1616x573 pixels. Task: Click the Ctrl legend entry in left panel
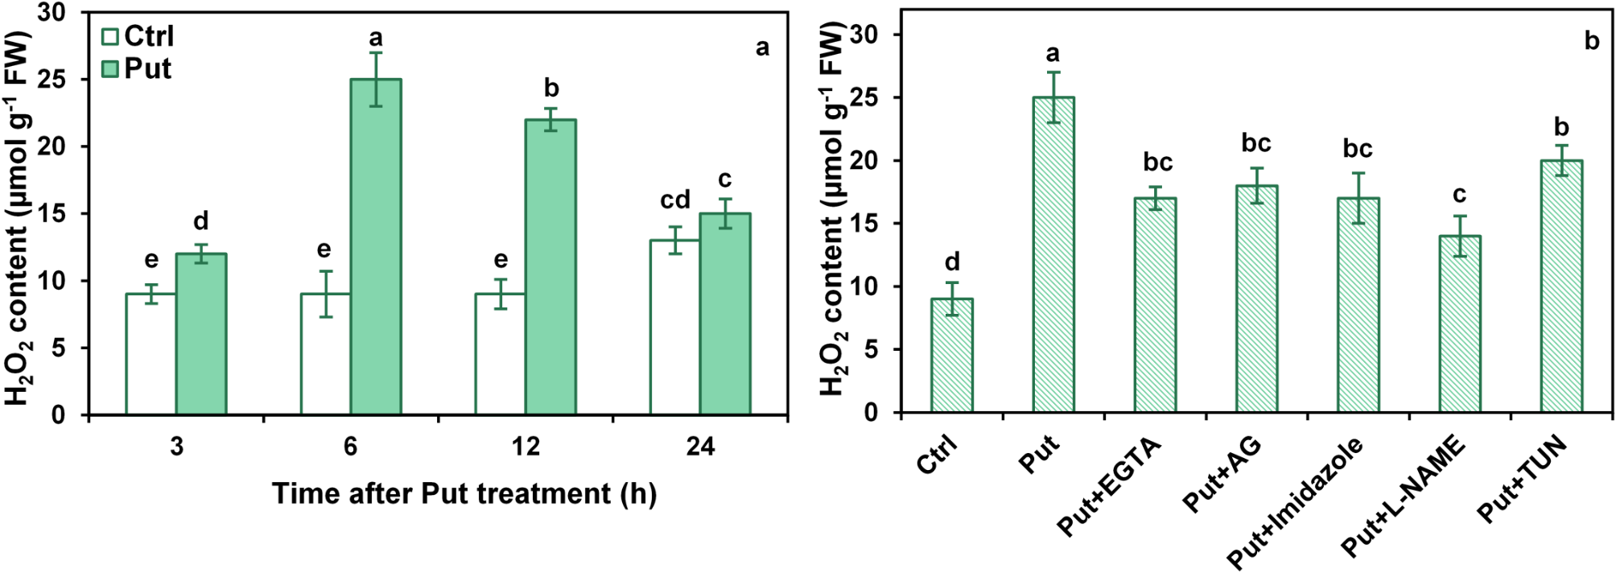138,36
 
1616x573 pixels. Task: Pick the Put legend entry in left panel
137,68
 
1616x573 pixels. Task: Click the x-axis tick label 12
526,446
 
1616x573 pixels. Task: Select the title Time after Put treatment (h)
464,493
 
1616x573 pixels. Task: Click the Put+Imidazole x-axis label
1296,502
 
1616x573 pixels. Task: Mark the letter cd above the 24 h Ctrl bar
675,200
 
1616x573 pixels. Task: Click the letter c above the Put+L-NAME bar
1459,194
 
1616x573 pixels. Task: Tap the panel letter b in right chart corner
1591,41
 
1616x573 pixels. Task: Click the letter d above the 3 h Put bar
201,221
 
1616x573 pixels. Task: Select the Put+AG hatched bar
1256,299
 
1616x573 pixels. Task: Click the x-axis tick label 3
176,446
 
